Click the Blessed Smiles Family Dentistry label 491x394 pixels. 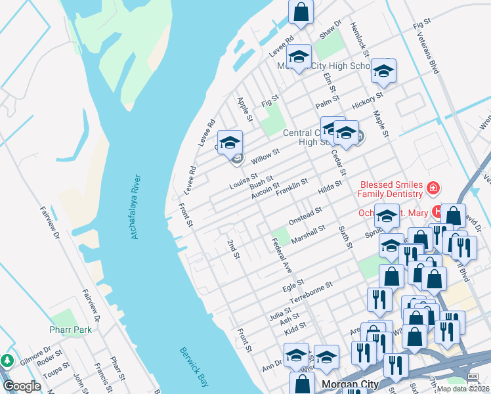390,189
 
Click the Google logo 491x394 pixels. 22,386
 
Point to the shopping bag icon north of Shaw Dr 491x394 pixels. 301,12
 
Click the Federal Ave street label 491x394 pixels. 282,255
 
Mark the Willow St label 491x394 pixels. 266,156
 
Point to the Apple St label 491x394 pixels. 244,109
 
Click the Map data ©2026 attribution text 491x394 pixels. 463,389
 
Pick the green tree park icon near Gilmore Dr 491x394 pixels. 7,361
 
